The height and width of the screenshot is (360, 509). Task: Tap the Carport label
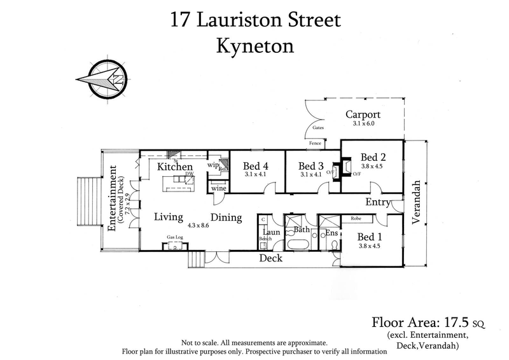tap(363, 115)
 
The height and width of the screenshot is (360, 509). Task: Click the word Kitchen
tap(175, 167)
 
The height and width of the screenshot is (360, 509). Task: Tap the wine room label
tap(218, 188)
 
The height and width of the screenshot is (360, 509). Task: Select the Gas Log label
tap(175, 237)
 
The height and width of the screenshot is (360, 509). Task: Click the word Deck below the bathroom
tap(270, 259)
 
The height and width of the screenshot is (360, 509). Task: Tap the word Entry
tap(377, 202)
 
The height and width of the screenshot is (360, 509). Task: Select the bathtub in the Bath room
tap(298, 245)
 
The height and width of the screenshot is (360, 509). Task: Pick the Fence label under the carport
tap(315, 144)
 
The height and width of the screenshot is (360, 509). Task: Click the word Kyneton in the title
tap(255, 47)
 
